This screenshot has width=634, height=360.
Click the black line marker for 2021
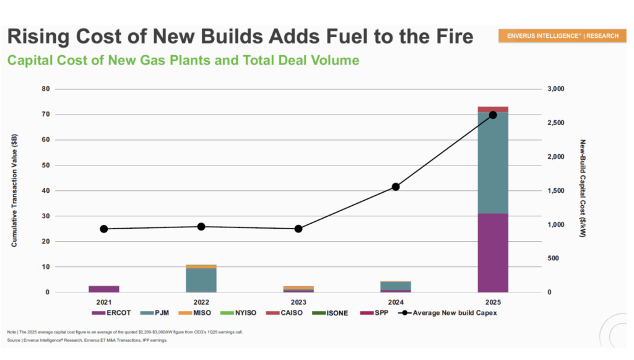click(104, 229)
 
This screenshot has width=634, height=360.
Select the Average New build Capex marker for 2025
click(493, 115)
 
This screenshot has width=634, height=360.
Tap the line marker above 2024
click(396, 187)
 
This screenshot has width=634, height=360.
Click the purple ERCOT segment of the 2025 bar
click(493, 252)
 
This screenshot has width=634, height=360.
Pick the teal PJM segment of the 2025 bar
click(493, 162)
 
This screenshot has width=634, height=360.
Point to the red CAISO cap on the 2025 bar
click(493, 109)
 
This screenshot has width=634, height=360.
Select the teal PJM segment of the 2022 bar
click(201, 279)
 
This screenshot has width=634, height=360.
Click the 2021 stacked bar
click(104, 289)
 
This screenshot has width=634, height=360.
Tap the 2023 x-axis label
click(298, 302)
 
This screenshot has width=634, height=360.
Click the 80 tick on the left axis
click(45, 89)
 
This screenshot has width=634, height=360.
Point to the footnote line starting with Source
click(87, 340)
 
